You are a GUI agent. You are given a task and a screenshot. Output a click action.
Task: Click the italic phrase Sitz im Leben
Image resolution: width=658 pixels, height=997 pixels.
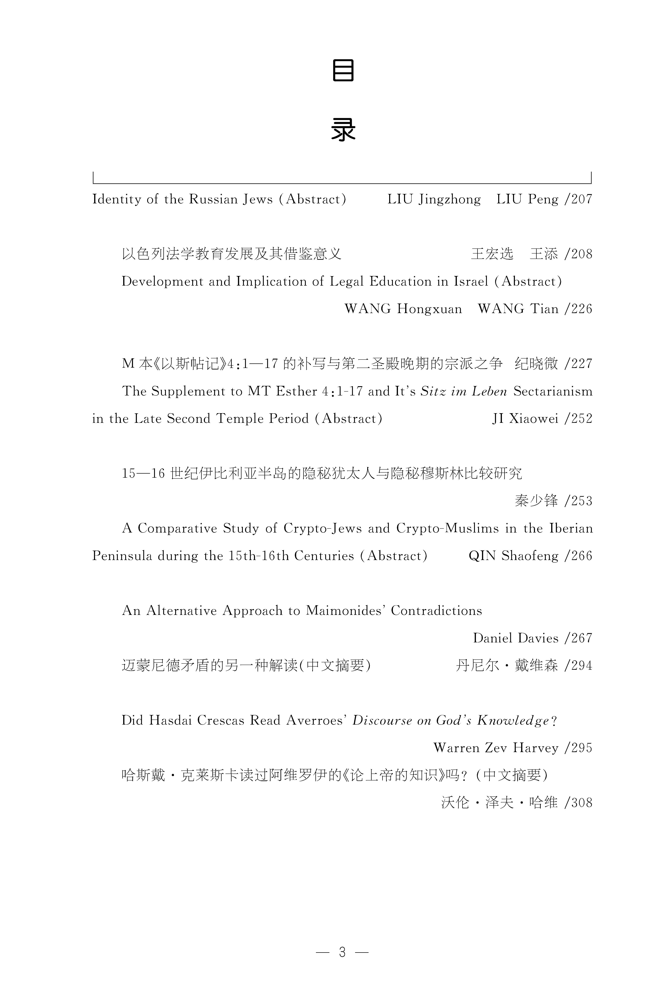[x=464, y=391]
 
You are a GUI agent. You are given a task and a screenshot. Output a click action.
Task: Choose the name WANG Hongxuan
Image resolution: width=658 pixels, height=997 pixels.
[x=403, y=309]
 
